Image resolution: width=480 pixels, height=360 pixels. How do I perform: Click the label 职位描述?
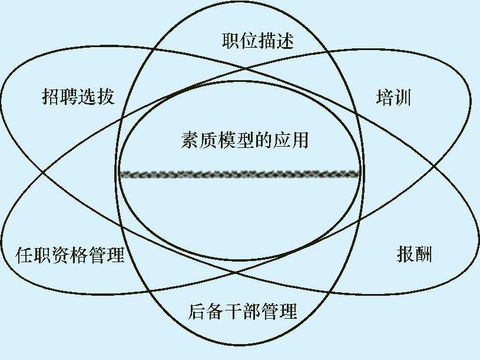[258, 41]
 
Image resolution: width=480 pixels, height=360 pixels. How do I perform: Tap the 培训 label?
[393, 97]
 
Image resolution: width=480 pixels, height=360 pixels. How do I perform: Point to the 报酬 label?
[415, 255]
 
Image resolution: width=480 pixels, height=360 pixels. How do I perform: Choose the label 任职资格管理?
[69, 255]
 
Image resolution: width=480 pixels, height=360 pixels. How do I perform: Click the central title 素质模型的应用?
[244, 141]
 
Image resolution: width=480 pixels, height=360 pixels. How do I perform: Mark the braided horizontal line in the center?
[239, 174]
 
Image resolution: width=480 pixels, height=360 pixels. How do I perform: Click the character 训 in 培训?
[402, 97]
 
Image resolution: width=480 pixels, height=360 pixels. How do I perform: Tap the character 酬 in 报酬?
[423, 255]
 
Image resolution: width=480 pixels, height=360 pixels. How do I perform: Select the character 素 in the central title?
[190, 141]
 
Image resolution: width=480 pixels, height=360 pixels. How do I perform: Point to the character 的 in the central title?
[263, 141]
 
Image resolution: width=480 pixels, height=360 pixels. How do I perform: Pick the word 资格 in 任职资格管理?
[69, 255]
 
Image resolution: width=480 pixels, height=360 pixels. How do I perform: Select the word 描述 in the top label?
[276, 41]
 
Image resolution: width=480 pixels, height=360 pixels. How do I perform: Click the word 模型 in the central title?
[226, 141]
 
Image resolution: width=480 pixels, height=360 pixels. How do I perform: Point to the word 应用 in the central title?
[290, 141]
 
